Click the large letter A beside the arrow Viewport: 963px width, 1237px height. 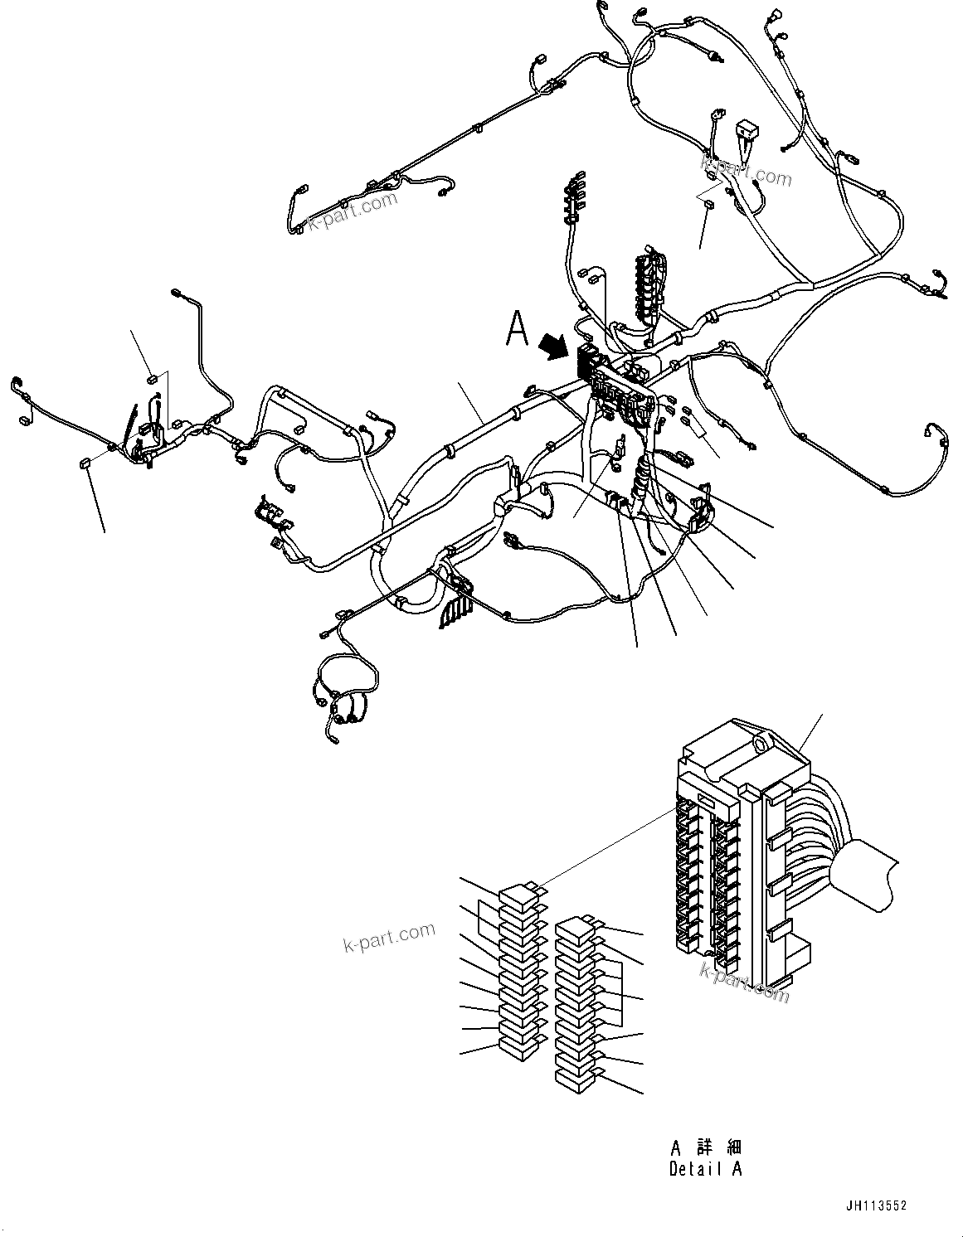pyautogui.click(x=518, y=327)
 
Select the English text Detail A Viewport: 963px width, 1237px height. pyautogui.click(x=705, y=1169)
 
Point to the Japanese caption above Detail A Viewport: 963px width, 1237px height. pyautogui.click(x=705, y=1147)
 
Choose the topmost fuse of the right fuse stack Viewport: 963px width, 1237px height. pyautogui.click(x=575, y=926)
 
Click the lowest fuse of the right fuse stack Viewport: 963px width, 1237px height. pyautogui.click(x=575, y=1079)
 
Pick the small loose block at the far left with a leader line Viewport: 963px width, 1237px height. pyautogui.click(x=84, y=463)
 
